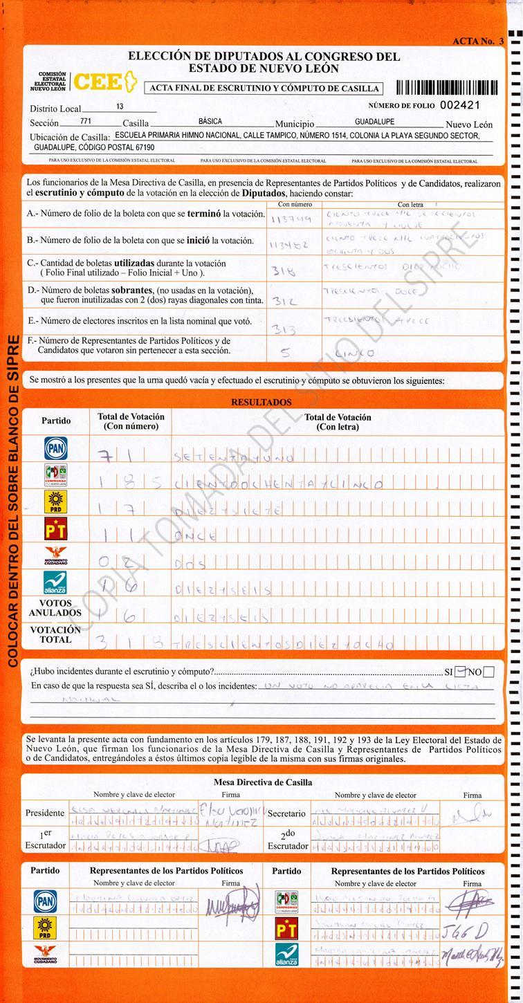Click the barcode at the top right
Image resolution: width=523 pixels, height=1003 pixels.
tap(446, 88)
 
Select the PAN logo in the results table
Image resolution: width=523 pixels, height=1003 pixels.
tap(56, 448)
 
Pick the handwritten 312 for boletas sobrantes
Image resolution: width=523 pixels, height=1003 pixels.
tap(286, 302)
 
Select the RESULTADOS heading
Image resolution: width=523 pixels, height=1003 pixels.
tap(261, 402)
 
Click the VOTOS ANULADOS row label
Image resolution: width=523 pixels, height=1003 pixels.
tap(55, 608)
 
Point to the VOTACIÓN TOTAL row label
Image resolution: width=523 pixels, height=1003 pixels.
tap(55, 635)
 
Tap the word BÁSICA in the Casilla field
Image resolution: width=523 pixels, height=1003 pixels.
tap(210, 122)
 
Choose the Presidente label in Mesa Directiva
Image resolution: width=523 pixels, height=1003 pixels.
tap(45, 813)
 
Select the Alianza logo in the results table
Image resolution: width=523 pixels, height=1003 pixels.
tap(56, 582)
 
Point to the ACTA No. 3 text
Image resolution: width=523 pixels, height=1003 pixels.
tap(478, 42)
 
